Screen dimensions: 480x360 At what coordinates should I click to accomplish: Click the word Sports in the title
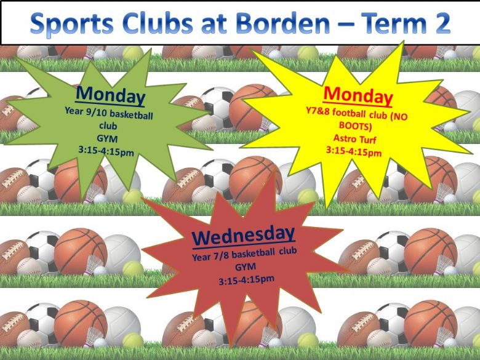[72, 24]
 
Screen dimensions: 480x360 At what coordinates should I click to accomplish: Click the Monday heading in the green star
[111, 95]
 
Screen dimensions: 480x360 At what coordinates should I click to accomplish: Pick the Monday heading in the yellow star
[358, 95]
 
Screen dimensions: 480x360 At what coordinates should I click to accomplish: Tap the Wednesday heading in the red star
[243, 236]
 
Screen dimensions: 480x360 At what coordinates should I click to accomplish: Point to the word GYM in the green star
[107, 139]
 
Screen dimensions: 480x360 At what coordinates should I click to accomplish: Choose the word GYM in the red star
[246, 267]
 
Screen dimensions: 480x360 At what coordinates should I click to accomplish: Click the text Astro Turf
[355, 139]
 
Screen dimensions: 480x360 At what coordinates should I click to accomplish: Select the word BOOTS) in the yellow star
[356, 126]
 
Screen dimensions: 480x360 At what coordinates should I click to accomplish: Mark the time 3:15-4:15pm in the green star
[106, 151]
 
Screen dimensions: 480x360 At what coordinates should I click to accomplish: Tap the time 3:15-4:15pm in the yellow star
[354, 151]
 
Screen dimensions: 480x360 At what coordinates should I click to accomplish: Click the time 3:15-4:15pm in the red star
[246, 280]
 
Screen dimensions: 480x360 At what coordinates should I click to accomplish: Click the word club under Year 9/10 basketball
[108, 126]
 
